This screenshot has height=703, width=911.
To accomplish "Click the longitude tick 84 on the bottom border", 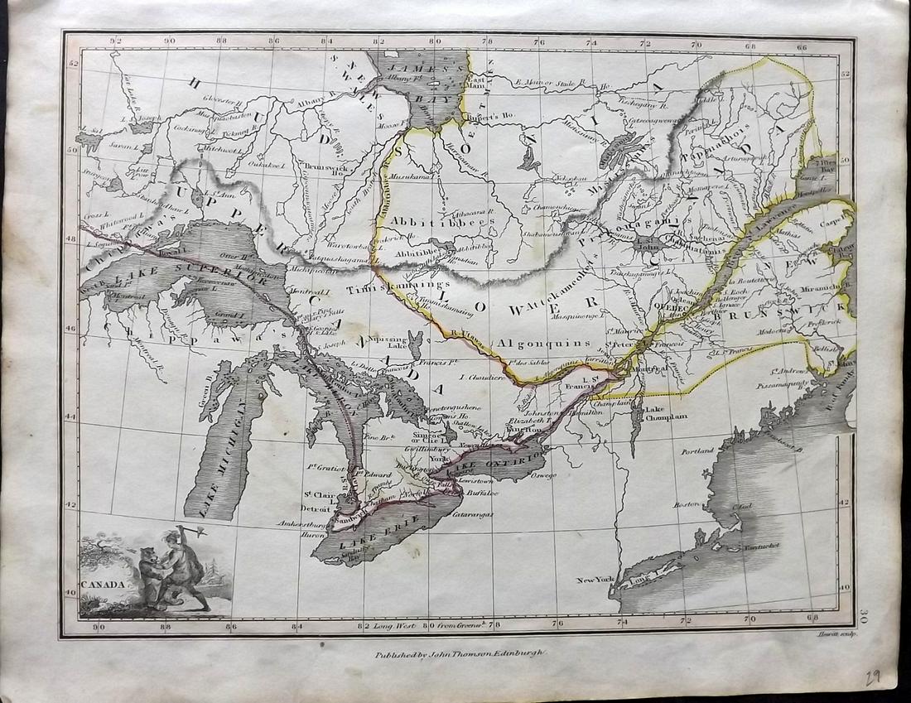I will pos(301,626).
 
